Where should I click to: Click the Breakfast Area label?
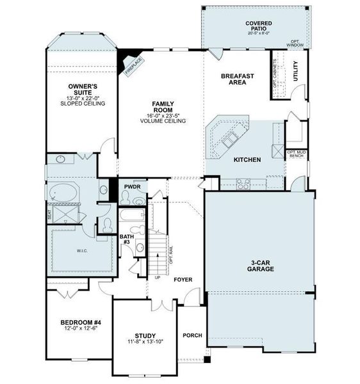tap(238, 79)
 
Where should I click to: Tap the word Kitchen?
tap(247, 159)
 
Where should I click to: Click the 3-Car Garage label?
tap(261, 266)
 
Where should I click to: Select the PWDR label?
tap(132, 186)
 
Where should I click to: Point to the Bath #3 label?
tap(126, 239)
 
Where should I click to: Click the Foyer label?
tap(183, 280)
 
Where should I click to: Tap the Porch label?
tap(192, 335)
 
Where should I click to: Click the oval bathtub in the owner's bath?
tap(63, 191)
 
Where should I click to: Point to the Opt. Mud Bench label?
tap(296, 154)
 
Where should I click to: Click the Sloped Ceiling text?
tap(82, 103)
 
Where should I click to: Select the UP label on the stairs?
tap(156, 278)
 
